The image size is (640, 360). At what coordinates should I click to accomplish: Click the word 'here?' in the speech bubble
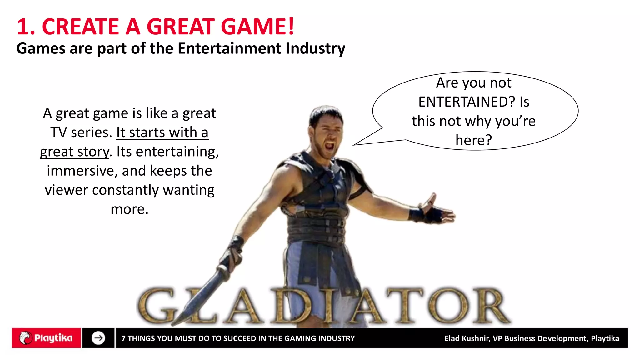point(473,140)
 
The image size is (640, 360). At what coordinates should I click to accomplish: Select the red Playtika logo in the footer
point(46,338)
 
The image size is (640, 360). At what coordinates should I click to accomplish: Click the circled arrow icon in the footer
point(98,338)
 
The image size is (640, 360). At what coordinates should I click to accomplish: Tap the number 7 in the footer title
point(123,338)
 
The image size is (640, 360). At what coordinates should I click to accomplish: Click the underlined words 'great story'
point(74,152)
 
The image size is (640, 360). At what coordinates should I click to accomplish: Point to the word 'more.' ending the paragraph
point(129,209)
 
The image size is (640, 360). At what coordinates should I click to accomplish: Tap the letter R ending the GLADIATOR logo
point(491,306)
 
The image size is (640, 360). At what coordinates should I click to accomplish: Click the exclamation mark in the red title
point(291,27)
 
